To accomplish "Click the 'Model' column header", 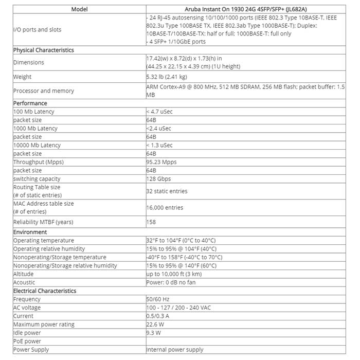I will point(79,9).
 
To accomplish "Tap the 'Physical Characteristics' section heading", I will point(44,50).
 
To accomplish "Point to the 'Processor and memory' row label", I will point(44,91).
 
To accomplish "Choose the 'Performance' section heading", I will point(30,103).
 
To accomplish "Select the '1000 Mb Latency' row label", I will point(35,129).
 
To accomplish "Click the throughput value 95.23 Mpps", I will point(161,162).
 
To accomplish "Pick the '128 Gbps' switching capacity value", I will point(158,179).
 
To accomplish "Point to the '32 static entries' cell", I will point(167,191).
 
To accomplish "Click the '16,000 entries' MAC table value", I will point(165,208).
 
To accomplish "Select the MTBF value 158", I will point(151,222).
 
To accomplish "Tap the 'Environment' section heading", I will point(30,232).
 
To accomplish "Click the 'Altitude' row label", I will point(23,274).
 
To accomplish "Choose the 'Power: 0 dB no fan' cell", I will point(171,282).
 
